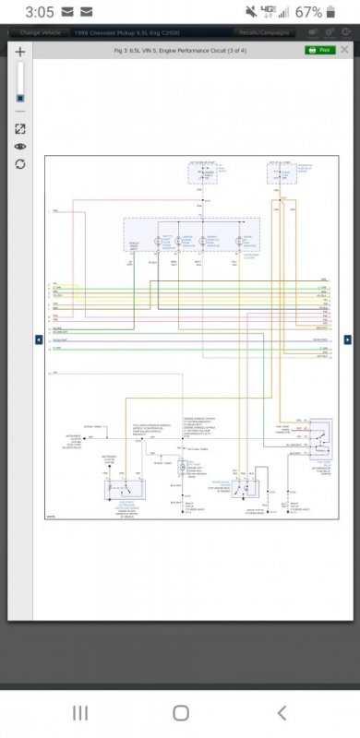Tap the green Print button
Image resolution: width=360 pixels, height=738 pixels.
coord(319,50)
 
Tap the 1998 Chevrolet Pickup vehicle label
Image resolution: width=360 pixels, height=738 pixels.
coord(125,32)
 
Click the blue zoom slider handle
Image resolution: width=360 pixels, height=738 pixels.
coord(19,97)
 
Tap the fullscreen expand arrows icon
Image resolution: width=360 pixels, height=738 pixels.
coord(19,129)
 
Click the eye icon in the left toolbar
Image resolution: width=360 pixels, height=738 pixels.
coord(19,147)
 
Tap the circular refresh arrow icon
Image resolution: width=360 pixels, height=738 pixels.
coord(19,164)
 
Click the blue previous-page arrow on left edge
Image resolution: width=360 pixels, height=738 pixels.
coord(39,339)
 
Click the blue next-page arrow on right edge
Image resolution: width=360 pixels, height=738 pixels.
coord(348,339)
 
